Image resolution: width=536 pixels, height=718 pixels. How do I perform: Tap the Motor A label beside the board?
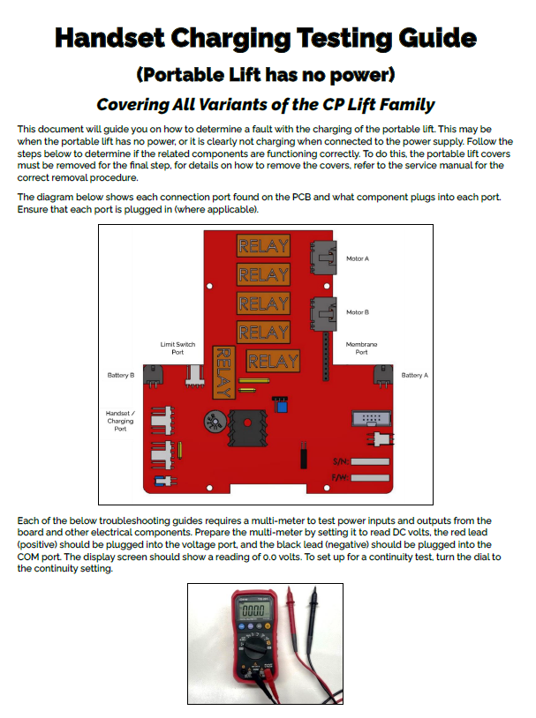click(x=357, y=258)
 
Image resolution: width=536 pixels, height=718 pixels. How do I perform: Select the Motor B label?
click(x=357, y=312)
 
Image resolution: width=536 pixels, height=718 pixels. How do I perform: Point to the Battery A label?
click(x=414, y=375)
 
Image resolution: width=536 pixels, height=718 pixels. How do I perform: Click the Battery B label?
click(x=120, y=375)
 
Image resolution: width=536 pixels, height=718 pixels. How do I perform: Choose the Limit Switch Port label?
click(x=177, y=348)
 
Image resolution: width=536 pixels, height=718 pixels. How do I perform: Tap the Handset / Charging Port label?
click(x=120, y=421)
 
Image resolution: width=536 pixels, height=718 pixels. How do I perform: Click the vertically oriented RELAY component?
click(x=224, y=371)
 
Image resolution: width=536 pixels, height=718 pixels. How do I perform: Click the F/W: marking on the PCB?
click(x=339, y=477)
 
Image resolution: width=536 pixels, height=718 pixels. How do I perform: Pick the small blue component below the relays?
click(x=281, y=407)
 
